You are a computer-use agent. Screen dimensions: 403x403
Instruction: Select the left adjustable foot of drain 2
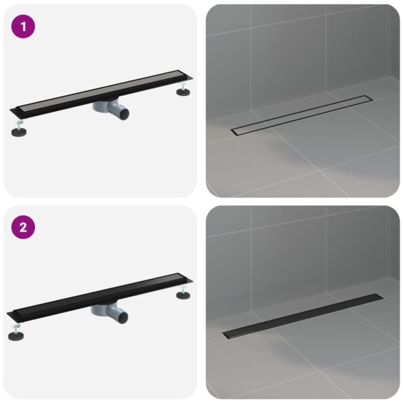(x=20, y=332)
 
